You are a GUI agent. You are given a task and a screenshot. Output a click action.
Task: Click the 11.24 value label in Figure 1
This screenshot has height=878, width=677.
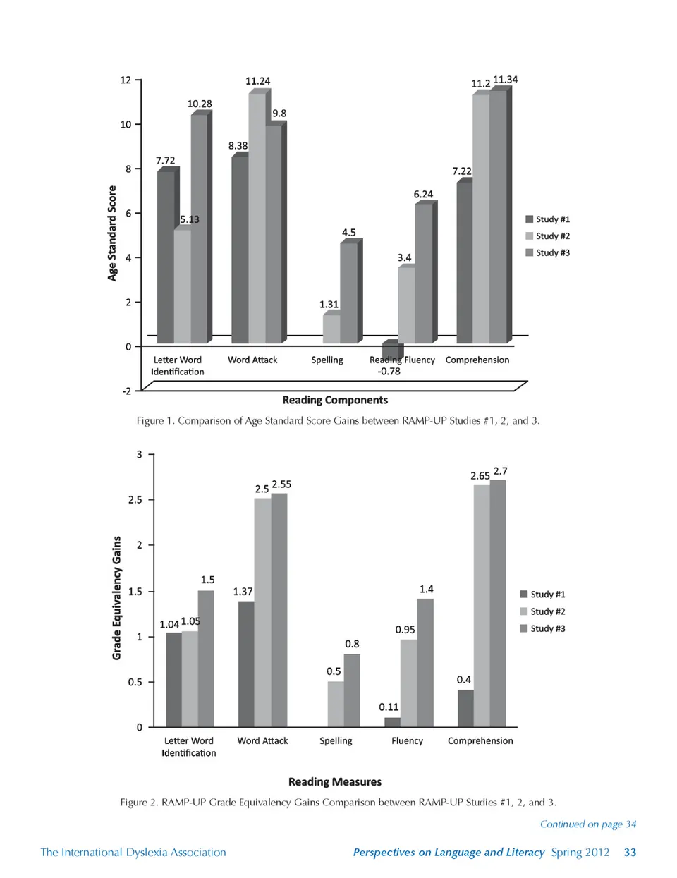[257, 81]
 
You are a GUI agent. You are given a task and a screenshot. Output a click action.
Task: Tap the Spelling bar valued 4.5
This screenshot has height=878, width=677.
[348, 293]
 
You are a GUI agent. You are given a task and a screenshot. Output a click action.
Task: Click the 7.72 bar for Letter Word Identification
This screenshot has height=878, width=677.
[166, 257]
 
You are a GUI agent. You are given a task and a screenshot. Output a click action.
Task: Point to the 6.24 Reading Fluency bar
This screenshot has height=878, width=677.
[423, 273]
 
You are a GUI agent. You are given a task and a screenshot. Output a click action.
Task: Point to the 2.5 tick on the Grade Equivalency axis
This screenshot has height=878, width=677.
[135, 500]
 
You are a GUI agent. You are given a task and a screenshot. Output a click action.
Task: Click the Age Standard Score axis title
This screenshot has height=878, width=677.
[112, 233]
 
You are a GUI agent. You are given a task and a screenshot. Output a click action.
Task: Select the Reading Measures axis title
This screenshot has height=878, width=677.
[335, 782]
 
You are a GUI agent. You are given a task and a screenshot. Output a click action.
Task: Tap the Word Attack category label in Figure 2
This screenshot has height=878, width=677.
[262, 741]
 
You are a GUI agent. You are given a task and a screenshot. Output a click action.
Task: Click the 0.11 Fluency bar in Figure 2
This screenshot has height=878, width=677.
[392, 722]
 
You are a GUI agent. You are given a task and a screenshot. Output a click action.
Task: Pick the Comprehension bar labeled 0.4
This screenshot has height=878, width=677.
[465, 708]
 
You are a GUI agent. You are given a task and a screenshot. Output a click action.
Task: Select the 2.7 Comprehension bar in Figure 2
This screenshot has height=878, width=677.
[498, 603]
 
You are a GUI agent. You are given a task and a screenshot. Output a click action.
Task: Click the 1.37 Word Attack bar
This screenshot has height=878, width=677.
[246, 664]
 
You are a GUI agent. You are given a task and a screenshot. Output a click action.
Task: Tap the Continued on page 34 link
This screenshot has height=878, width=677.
[588, 824]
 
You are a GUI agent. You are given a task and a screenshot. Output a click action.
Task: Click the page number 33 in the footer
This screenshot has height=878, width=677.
[630, 853]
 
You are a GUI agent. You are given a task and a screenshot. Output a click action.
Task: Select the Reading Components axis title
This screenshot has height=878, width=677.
[335, 401]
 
